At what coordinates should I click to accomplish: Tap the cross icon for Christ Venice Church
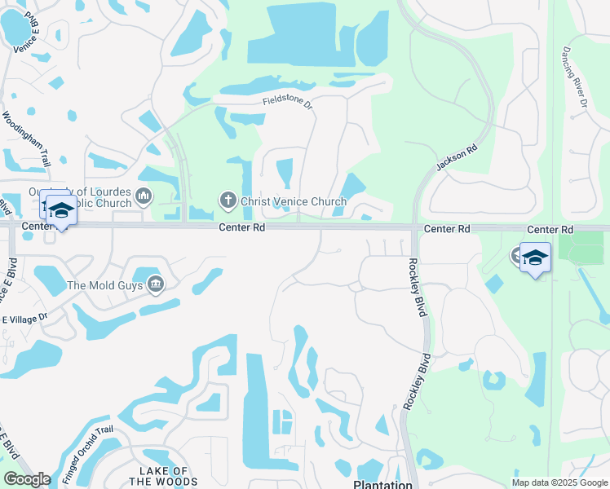228,200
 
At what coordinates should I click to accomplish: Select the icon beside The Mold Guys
155,284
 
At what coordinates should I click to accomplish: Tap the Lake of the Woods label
164,477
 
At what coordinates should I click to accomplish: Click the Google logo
27,479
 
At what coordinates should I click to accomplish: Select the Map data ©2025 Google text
559,482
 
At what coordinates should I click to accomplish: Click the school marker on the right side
535,258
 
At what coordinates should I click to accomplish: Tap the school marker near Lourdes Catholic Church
61,210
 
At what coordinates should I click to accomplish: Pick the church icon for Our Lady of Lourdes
144,196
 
